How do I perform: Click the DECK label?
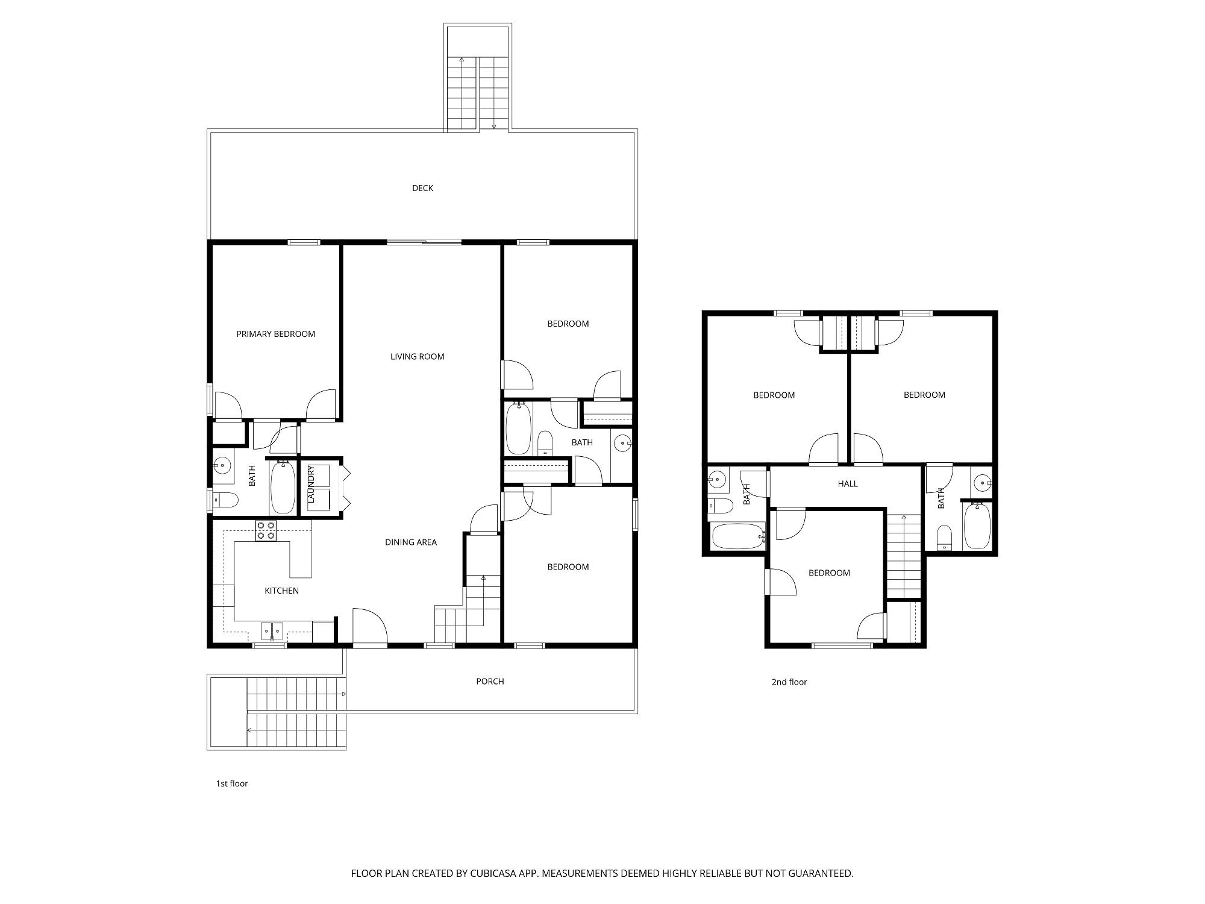422,188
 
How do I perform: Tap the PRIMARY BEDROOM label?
275,334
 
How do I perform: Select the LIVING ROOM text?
417,356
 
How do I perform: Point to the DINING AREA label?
411,542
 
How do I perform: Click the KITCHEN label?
281,591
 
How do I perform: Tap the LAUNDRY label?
311,485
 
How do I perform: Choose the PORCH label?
490,681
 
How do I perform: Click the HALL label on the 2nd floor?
848,483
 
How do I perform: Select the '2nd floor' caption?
789,682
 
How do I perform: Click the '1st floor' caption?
232,783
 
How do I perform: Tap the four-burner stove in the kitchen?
266,531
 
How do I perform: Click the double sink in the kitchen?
272,631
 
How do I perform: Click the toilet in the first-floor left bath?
225,500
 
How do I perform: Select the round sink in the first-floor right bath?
622,444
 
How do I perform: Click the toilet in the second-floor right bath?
944,538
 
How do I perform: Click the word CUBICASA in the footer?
496,873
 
